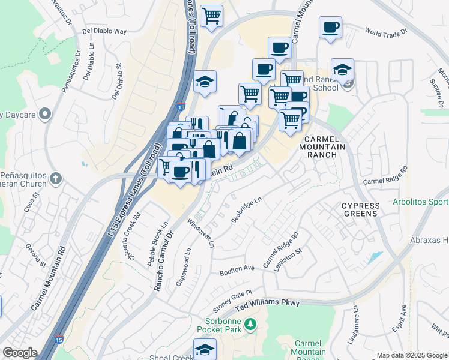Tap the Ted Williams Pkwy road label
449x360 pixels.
[x=267, y=305]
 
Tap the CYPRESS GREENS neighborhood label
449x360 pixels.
[x=360, y=209]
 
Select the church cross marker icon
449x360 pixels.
[x=56, y=178]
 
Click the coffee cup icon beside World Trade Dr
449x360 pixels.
[x=330, y=28]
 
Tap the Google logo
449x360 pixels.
[x=20, y=353]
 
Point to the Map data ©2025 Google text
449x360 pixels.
[x=412, y=355]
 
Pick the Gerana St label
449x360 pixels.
[x=35, y=254]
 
